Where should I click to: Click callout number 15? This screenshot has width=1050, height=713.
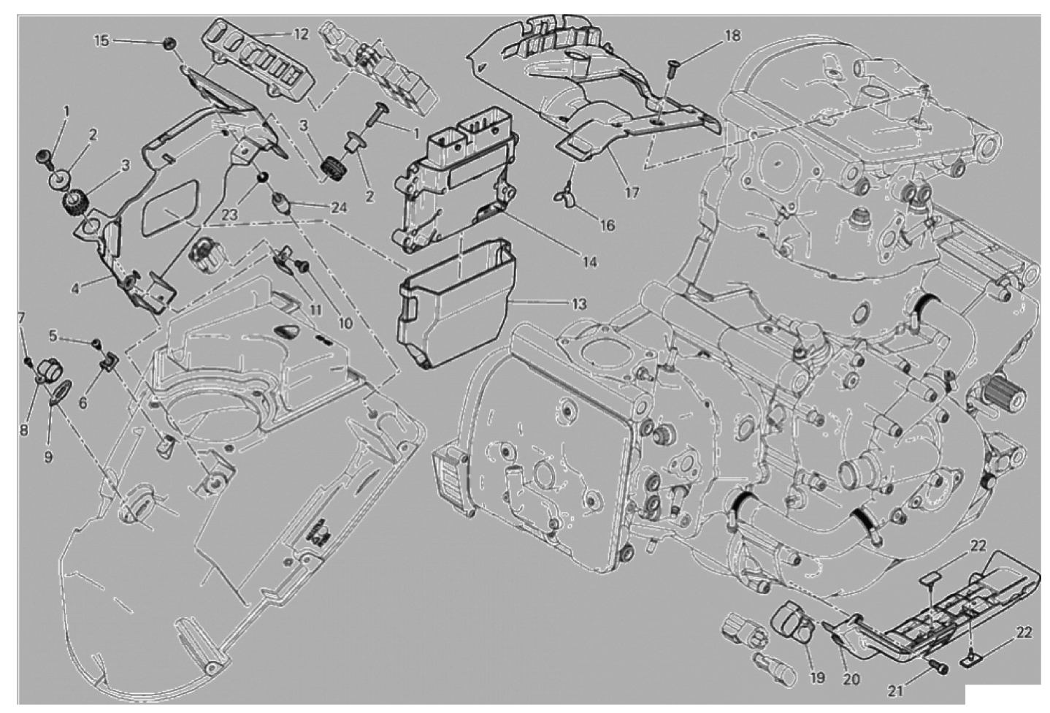(x=101, y=41)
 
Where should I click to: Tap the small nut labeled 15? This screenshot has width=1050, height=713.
(x=169, y=44)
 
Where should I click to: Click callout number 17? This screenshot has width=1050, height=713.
(x=632, y=192)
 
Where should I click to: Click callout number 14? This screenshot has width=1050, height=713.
(x=590, y=262)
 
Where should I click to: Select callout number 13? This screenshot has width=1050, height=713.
(x=579, y=304)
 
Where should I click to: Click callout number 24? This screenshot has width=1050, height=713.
(x=340, y=207)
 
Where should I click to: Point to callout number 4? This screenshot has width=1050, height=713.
(x=75, y=289)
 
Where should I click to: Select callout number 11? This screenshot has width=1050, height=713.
(x=316, y=310)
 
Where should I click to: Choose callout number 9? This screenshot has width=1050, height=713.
(x=48, y=457)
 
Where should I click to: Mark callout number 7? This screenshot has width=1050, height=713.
(x=21, y=319)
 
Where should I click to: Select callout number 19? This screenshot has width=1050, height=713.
(x=817, y=677)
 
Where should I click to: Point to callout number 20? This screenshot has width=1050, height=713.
(x=851, y=679)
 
